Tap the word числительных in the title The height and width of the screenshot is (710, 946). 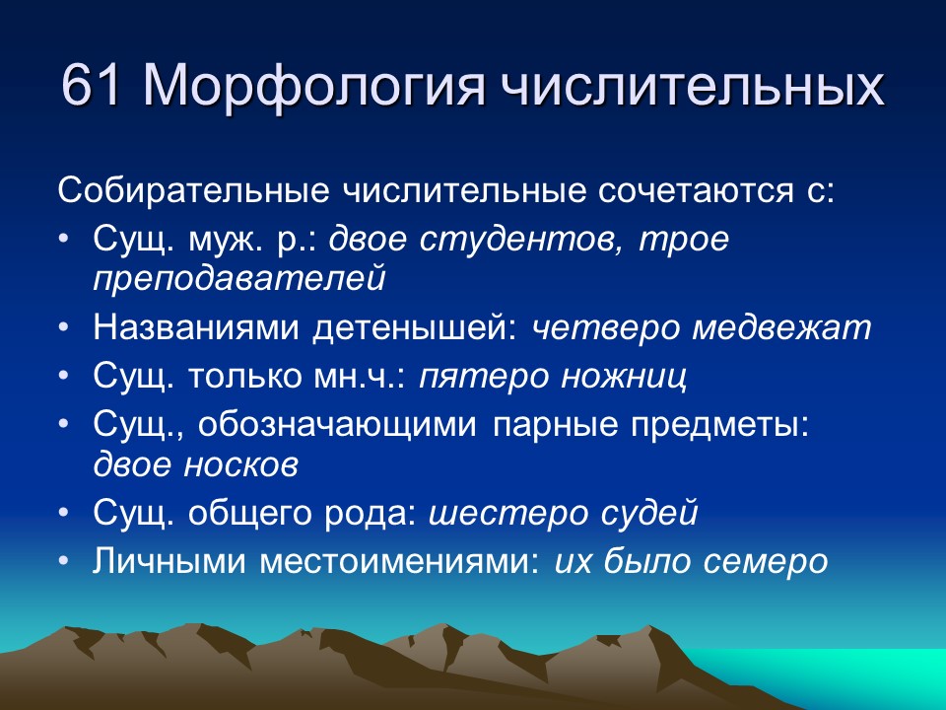[x=696, y=87]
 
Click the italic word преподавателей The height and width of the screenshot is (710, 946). [x=238, y=278]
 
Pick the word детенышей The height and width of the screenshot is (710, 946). [x=415, y=327]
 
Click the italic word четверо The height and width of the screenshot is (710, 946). [x=605, y=327]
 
